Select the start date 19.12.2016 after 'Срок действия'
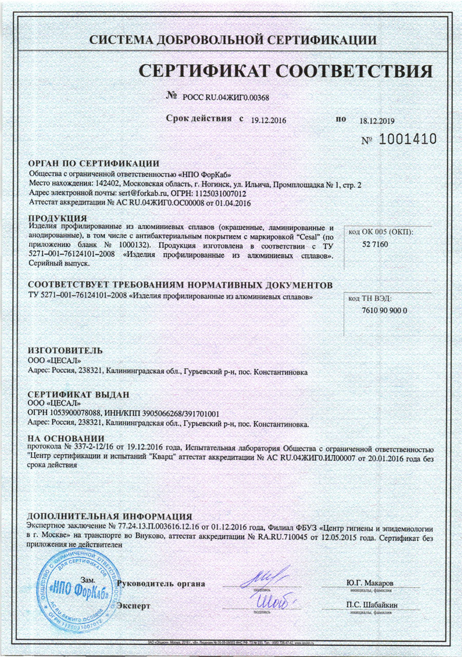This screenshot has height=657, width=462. tap(267, 120)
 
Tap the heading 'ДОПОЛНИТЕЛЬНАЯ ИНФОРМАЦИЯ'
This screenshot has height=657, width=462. tap(110, 516)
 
